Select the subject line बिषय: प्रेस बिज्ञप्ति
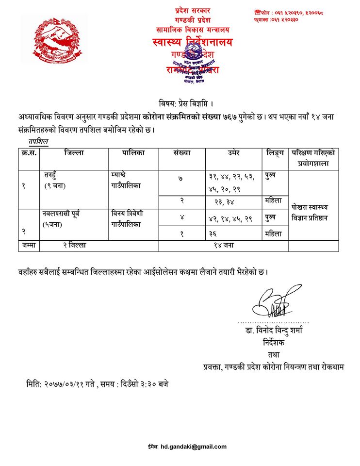(186, 103)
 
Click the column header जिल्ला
(74, 153)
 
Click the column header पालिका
(133, 153)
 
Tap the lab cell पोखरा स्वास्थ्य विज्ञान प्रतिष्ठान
(313, 210)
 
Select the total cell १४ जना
(224, 246)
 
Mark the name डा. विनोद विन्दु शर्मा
(273, 333)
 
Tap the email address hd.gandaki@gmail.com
(194, 447)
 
